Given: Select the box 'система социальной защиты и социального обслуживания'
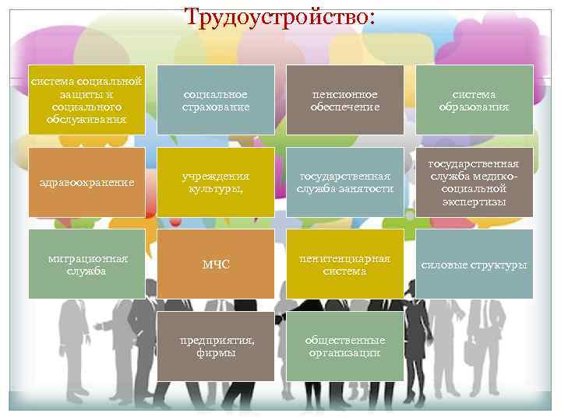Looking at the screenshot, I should pyautogui.click(x=86, y=99).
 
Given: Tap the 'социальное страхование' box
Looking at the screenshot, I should pyautogui.click(x=215, y=100).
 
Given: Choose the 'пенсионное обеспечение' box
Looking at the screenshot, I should pyautogui.click(x=344, y=100).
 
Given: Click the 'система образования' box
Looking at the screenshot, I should pyautogui.click(x=474, y=100).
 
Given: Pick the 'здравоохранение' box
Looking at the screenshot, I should pyautogui.click(x=86, y=183).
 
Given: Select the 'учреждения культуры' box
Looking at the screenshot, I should pyautogui.click(x=215, y=183).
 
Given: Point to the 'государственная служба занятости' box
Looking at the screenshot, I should pyautogui.click(x=344, y=183).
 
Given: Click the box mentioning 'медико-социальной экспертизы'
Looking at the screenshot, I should pyautogui.click(x=474, y=183).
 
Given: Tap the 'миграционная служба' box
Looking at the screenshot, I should pyautogui.click(x=86, y=264).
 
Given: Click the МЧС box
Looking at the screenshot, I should pyautogui.click(x=215, y=264).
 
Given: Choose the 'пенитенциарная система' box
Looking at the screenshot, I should pyautogui.click(x=344, y=264).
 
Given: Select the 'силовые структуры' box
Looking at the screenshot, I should pyautogui.click(x=474, y=264).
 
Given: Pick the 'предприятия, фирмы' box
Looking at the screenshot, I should pyautogui.click(x=215, y=347).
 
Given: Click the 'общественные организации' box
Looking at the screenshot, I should pyautogui.click(x=344, y=347).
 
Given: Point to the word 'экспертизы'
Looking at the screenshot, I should pyautogui.click(x=474, y=201).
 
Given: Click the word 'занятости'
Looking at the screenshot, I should pyautogui.click(x=368, y=190).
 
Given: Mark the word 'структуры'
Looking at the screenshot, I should pyautogui.click(x=499, y=265).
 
